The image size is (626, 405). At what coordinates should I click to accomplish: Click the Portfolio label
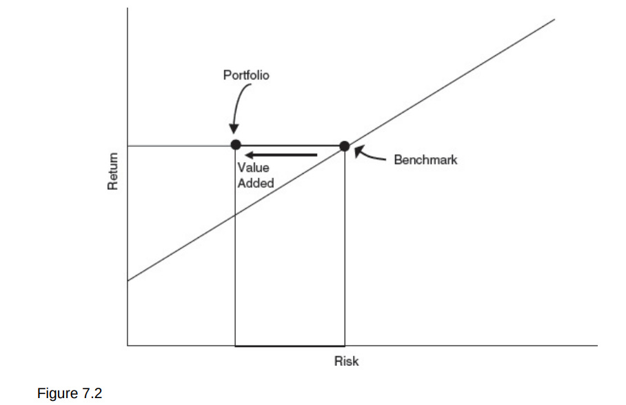coord(246,75)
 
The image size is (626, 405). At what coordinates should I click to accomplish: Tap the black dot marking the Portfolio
coord(236,145)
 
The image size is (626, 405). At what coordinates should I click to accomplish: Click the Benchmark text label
coord(425,159)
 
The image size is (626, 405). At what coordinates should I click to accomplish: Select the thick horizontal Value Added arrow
coord(281,155)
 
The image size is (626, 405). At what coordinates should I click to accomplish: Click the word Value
coord(253,168)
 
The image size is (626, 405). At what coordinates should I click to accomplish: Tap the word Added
coord(256,183)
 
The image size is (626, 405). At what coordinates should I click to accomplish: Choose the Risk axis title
coord(346,361)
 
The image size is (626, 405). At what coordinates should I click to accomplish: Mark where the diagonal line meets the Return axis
coord(128,280)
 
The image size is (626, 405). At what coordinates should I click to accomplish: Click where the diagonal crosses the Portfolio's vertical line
coord(236,214)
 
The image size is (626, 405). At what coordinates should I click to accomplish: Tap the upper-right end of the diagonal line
coord(554,19)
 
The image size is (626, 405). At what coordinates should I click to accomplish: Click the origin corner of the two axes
coord(128,345)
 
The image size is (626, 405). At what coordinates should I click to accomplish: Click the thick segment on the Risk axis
coord(290,345)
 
